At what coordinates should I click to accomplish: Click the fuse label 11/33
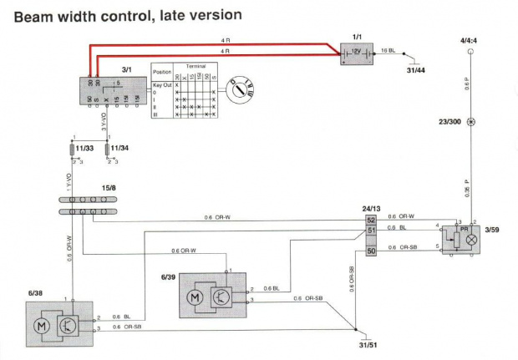click(x=84, y=148)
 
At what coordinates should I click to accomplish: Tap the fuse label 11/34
click(x=119, y=148)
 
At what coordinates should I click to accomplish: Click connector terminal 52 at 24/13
click(x=372, y=220)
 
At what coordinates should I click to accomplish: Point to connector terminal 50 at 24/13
click(x=372, y=249)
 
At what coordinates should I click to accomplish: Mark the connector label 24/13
click(x=372, y=209)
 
